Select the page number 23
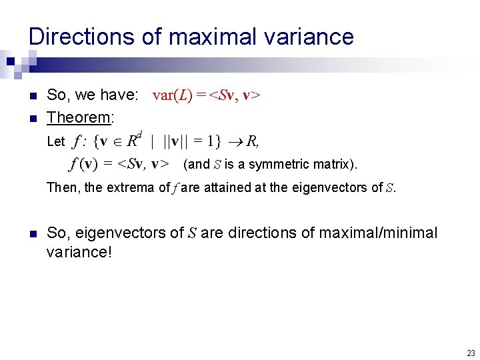[471, 353]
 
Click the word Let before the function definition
[56, 141]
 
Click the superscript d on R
[142, 135]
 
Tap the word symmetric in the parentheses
[276, 164]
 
